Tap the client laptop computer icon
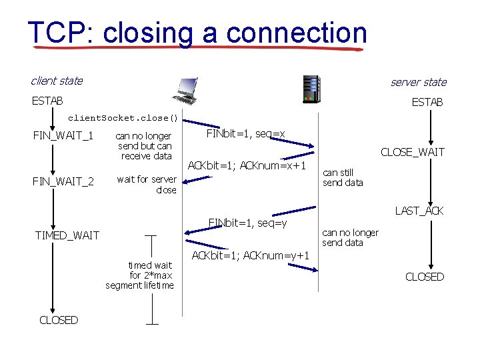[185, 90]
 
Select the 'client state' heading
[57, 81]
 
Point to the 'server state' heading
[418, 82]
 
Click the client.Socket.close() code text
[123, 119]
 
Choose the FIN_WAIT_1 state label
[63, 137]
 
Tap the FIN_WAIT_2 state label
[63, 181]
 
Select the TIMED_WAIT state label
[67, 235]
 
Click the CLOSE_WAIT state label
[412, 152]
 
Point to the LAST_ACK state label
[419, 211]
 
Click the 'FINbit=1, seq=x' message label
[245, 134]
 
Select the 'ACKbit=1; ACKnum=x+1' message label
[247, 165]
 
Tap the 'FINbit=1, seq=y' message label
[247, 221]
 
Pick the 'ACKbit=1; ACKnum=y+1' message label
[250, 255]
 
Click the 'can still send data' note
[343, 177]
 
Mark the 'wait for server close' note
[147, 184]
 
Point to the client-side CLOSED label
[59, 320]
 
